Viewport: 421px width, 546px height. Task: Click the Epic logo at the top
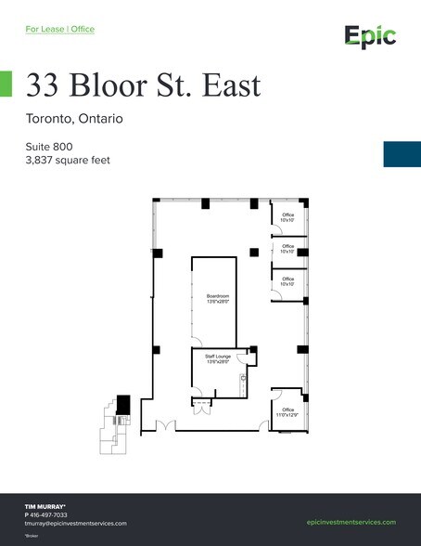tap(370, 36)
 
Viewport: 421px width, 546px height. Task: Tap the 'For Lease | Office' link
tap(59, 29)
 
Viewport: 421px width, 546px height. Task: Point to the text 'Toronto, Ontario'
tap(74, 119)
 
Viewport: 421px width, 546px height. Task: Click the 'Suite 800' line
tap(49, 147)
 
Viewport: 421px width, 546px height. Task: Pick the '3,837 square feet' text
tap(68, 161)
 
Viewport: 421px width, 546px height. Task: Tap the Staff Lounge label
tap(217, 358)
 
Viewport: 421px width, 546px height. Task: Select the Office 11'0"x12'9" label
tap(287, 412)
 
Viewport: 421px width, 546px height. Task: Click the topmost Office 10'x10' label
tap(287, 216)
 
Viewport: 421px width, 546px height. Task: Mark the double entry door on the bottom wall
tap(165, 426)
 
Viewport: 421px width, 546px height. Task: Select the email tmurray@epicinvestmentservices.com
tap(75, 523)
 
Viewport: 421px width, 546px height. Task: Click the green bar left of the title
tap(6, 84)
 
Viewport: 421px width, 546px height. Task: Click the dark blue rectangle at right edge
tap(402, 153)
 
